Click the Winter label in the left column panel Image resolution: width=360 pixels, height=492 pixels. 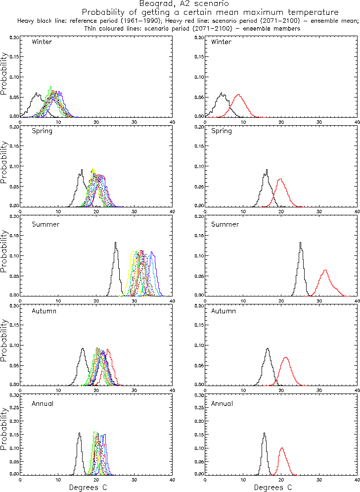(42, 42)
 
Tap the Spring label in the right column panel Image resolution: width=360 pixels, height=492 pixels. (222, 131)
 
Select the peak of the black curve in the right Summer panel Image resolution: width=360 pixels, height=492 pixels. (300, 243)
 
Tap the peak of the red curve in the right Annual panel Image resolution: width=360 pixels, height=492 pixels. (281, 448)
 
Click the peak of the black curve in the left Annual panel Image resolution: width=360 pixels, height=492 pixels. (79, 433)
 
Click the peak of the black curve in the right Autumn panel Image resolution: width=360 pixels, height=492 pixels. (268, 348)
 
